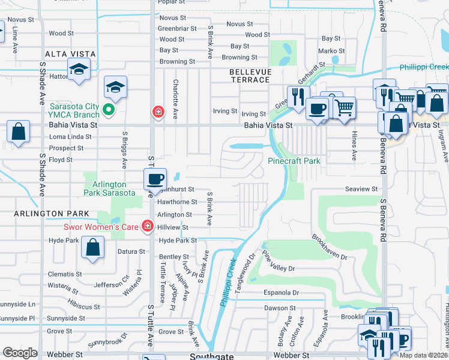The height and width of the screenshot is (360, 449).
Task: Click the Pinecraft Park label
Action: (x=294, y=161)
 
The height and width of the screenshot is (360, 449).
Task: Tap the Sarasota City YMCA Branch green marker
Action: (x=109, y=109)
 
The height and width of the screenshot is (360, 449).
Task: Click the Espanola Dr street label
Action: (x=282, y=293)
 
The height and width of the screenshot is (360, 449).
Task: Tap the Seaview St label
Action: (x=361, y=188)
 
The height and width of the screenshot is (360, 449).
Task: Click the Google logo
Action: (x=20, y=353)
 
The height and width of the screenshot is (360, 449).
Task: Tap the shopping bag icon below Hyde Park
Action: (x=93, y=248)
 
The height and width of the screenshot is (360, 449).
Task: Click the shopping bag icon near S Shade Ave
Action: (x=18, y=132)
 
